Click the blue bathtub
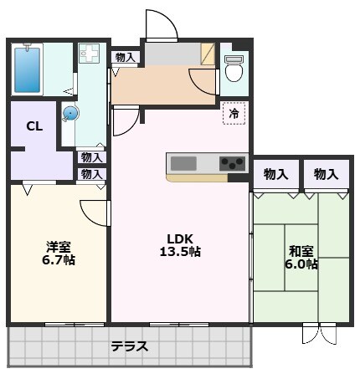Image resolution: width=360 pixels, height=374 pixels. point(27,69)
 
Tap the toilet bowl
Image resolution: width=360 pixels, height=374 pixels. point(234,69)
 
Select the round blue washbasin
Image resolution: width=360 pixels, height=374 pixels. point(70,114)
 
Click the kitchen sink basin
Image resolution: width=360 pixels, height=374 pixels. point(183,163)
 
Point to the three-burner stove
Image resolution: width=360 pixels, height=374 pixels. point(232,163)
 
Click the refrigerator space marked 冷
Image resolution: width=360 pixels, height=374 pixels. point(234,113)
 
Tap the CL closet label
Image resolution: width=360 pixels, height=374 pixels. point(34,126)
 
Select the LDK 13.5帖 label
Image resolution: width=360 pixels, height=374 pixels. point(180,245)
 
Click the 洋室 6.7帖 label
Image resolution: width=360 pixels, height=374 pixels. point(59,254)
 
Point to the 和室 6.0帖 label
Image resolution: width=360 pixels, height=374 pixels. point(301,258)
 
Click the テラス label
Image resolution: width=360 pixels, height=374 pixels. point(129,346)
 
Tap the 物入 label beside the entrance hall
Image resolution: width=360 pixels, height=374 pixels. point(125,58)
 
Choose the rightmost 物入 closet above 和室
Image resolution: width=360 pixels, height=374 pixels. point(327,175)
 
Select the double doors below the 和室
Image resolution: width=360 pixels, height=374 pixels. point(319,334)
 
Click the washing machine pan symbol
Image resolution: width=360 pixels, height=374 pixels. point(90,53)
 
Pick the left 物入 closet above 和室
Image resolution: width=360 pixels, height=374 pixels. point(276,175)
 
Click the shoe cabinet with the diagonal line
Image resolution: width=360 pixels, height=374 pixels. point(208,54)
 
